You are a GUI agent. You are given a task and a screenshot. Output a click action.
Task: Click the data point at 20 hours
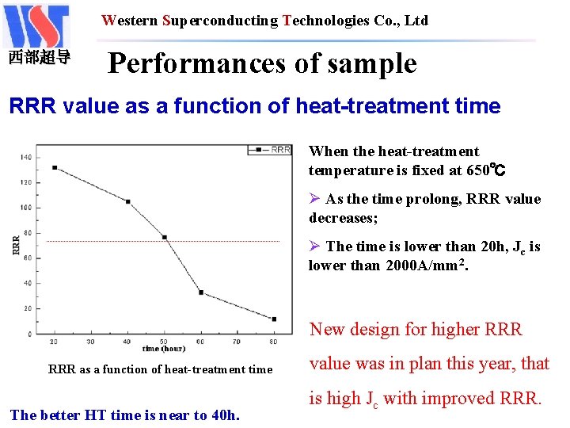click(x=55, y=167)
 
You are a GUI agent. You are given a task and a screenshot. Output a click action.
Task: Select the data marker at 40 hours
click(x=128, y=201)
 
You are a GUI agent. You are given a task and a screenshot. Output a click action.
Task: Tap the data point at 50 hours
click(x=165, y=237)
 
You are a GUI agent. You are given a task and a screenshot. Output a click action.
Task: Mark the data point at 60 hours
click(x=201, y=292)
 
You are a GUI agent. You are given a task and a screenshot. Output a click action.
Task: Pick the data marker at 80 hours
click(x=274, y=319)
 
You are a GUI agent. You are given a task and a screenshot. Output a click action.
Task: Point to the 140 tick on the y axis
click(x=28, y=157)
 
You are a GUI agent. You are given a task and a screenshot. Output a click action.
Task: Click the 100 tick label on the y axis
click(x=28, y=208)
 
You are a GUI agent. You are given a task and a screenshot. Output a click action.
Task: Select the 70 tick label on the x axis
click(x=237, y=342)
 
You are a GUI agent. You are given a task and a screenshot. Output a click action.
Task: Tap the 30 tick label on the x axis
click(x=91, y=342)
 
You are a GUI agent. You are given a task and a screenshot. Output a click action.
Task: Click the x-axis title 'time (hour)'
click(x=164, y=349)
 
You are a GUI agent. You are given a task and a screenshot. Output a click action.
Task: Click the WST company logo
click(x=37, y=27)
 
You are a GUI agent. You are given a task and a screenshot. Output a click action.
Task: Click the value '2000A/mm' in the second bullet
click(x=422, y=266)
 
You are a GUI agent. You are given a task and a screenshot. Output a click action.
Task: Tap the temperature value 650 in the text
click(x=477, y=170)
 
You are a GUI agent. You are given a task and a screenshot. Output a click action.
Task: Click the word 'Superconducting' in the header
click(x=220, y=21)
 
